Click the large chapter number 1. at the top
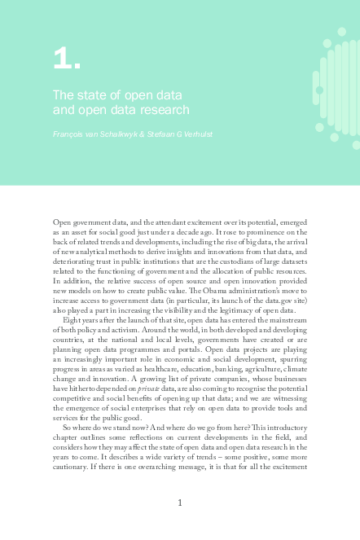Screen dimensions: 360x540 tap(65, 59)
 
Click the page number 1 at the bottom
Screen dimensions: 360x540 tap(180, 503)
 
